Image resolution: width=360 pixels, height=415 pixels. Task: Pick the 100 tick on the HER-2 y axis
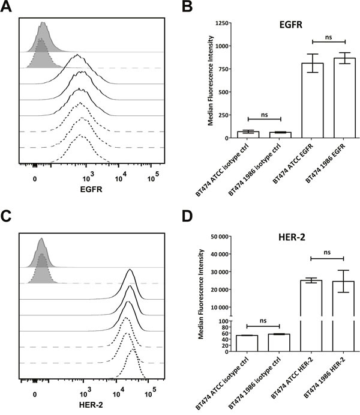(229, 322)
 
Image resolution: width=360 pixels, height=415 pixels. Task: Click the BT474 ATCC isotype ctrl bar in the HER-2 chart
(251, 344)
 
